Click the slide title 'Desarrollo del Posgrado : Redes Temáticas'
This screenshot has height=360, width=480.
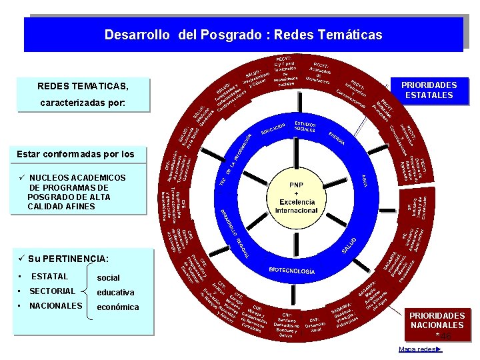pos(243,34)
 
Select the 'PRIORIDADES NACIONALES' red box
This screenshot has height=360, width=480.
pos(437,320)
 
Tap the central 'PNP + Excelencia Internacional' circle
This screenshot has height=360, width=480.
pos(296,197)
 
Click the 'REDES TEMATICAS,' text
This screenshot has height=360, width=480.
pos(83,87)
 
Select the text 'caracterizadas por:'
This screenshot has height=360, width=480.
pos(83,104)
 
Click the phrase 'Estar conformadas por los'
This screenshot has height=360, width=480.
pos(75,154)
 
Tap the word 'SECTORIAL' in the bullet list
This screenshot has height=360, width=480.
pos(52,291)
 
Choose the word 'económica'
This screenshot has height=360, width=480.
pos(118,307)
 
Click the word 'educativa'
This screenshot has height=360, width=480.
pos(115,292)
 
